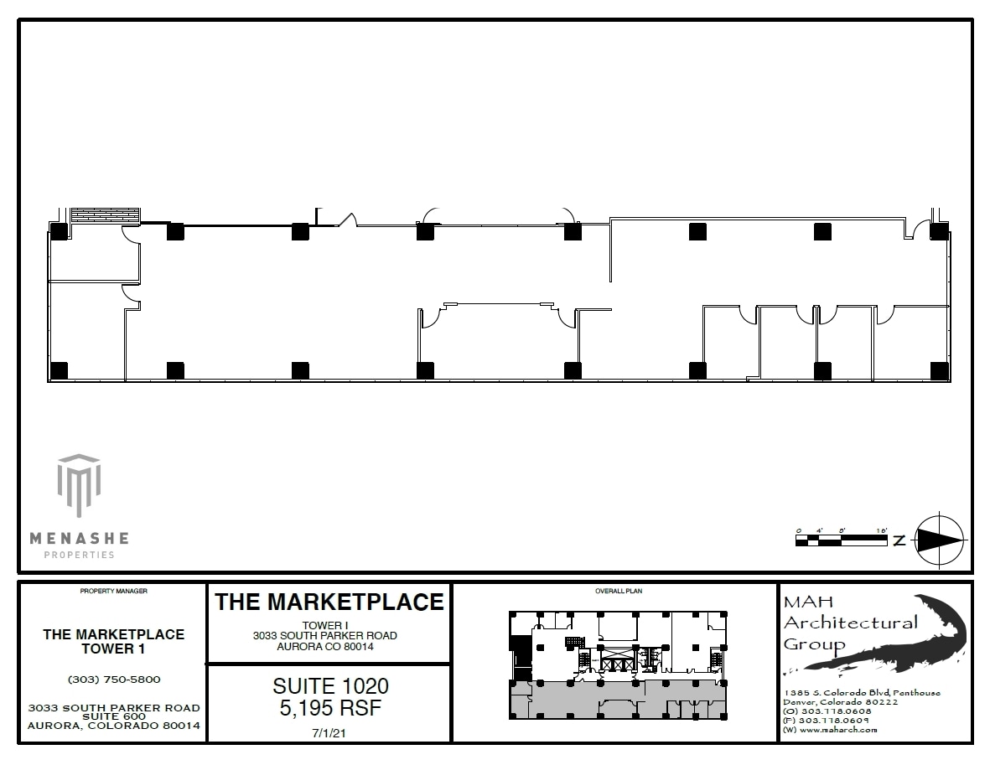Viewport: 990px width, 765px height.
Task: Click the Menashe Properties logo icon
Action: pos(79,486)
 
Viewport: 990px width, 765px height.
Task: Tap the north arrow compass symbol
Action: pos(939,540)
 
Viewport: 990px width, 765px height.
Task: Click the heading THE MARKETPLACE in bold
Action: pos(329,602)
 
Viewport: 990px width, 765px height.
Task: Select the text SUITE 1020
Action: pos(330,686)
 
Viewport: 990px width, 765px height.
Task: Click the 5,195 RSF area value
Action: pos(330,708)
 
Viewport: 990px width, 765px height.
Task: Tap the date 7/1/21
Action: pos(330,731)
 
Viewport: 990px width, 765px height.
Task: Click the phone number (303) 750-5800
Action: pos(113,680)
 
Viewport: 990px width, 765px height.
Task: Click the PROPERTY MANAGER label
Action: pos(113,592)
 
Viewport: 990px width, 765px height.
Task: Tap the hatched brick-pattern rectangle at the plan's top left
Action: pos(104,215)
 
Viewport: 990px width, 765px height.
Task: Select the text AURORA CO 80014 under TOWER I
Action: pos(325,646)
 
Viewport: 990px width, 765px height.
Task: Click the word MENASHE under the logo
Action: pos(79,538)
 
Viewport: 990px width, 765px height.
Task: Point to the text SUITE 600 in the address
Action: pos(113,716)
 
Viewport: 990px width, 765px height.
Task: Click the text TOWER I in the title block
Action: pos(325,625)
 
